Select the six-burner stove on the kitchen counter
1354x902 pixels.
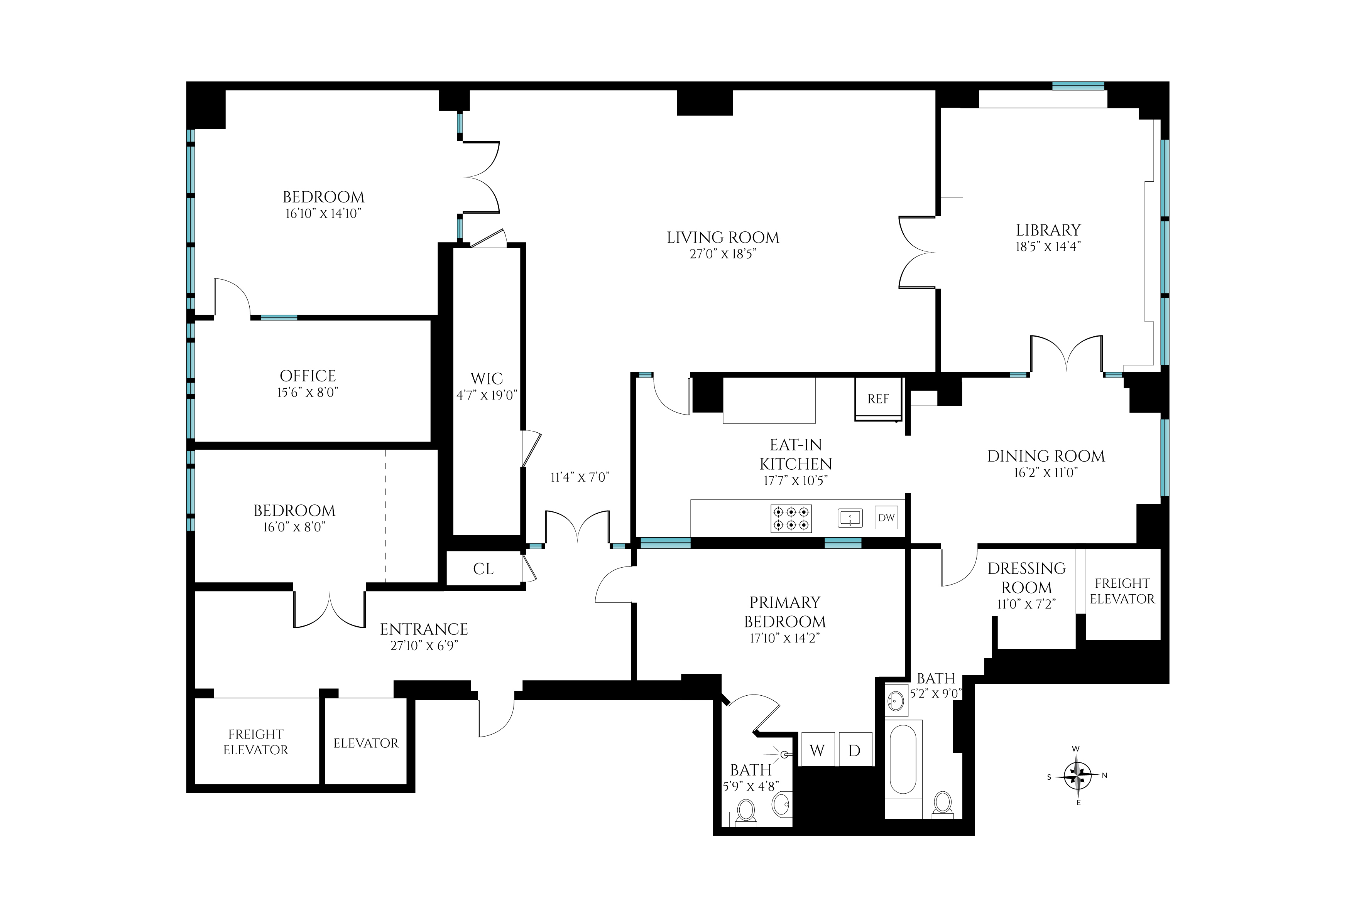(x=791, y=518)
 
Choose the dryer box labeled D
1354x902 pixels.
(x=855, y=750)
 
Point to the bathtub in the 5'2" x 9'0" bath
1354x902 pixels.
(x=903, y=759)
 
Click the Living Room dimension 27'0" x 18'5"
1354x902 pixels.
(x=723, y=254)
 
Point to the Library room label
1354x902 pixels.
(x=1048, y=230)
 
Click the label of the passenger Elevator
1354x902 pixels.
(x=365, y=743)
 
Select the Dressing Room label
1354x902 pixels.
(x=1026, y=578)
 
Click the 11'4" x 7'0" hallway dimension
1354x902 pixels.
(x=580, y=477)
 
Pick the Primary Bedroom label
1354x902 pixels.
(x=784, y=612)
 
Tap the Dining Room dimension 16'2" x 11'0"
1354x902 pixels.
(x=1046, y=473)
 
